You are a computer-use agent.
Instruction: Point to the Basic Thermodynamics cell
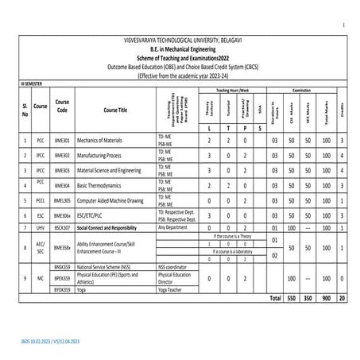pos(103,185)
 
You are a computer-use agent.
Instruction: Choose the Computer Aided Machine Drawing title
pos(116,199)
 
